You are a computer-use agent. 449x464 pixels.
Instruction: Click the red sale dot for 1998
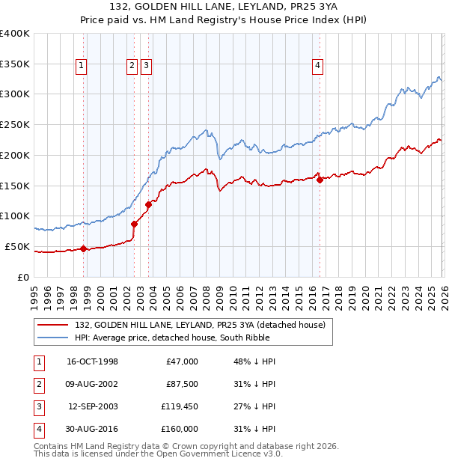pyautogui.click(x=84, y=248)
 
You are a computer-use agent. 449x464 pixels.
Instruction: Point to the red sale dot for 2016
pyautogui.click(x=320, y=180)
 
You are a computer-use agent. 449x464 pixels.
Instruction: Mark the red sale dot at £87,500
pyautogui.click(x=134, y=224)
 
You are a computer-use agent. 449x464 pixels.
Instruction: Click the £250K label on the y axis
pyautogui.click(x=14, y=124)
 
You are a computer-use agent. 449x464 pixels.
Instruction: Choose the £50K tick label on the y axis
pyautogui.click(x=17, y=246)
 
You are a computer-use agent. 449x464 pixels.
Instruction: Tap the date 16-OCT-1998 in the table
pyautogui.click(x=92, y=361)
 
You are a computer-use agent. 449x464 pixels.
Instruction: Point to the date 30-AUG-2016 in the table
pyautogui.click(x=92, y=429)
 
